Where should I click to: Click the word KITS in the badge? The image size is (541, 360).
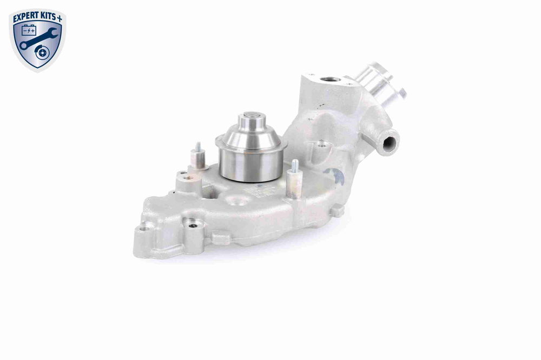coord(48,18)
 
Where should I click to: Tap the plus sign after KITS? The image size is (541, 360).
coord(60,18)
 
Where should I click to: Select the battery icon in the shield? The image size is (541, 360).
coord(29,31)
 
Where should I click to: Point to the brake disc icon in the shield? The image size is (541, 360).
coord(42,52)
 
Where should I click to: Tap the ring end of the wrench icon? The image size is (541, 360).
coord(23,45)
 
